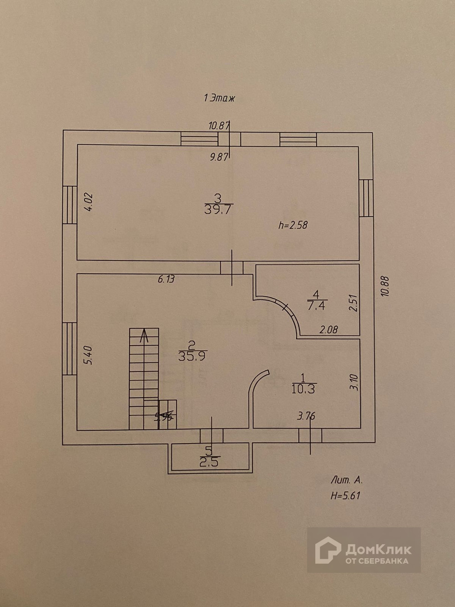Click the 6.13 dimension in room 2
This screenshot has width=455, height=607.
click(166, 280)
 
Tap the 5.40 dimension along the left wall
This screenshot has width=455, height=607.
click(89, 356)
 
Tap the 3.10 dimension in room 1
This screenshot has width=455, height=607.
click(355, 383)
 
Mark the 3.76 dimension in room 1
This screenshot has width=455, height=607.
click(306, 415)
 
